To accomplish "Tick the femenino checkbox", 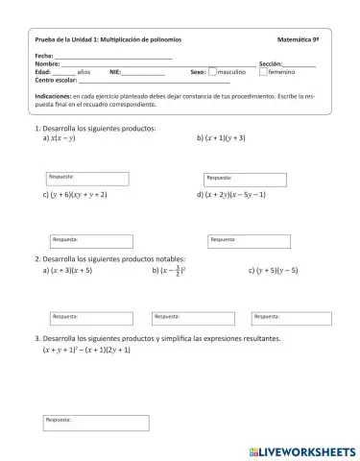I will click(263, 72).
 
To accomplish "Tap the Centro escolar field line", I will click(154, 81).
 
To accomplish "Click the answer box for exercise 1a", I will click(87, 179).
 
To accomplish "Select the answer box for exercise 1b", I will click(244, 179).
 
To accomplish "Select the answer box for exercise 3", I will click(96, 423).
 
